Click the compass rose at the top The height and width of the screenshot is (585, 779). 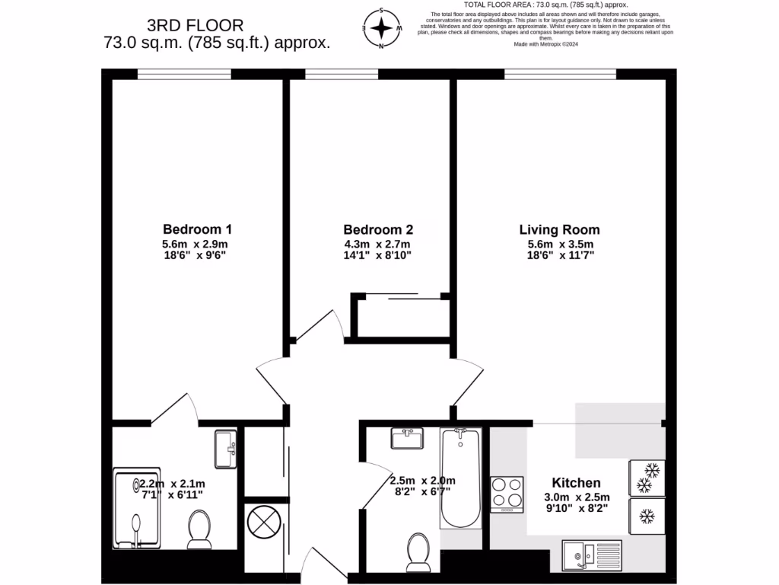point(381,29)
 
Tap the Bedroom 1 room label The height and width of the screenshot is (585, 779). point(197,229)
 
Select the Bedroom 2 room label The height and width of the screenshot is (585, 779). point(378,229)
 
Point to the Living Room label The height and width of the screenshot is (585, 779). point(559,229)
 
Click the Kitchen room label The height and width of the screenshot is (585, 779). point(576,483)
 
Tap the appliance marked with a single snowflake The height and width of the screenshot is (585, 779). point(647,517)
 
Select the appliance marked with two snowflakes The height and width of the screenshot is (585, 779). point(647,477)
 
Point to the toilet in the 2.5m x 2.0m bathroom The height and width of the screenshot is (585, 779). point(418,551)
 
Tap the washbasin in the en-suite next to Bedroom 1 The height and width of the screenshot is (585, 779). point(226,449)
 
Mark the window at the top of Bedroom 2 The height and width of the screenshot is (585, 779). point(341,74)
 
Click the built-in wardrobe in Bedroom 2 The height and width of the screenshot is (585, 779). point(399,316)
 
